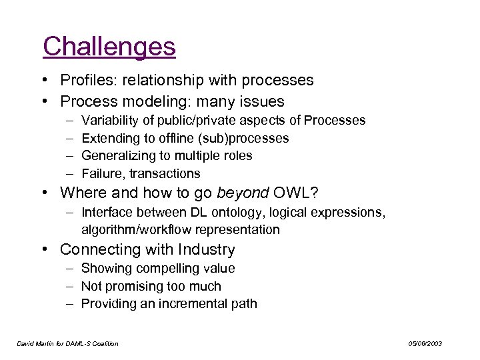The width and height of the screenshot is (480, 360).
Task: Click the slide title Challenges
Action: (109, 47)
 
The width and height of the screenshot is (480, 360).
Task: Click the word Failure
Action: (102, 174)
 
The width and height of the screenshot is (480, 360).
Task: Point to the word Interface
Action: (106, 212)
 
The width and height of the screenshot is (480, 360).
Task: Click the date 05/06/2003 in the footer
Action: (425, 343)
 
